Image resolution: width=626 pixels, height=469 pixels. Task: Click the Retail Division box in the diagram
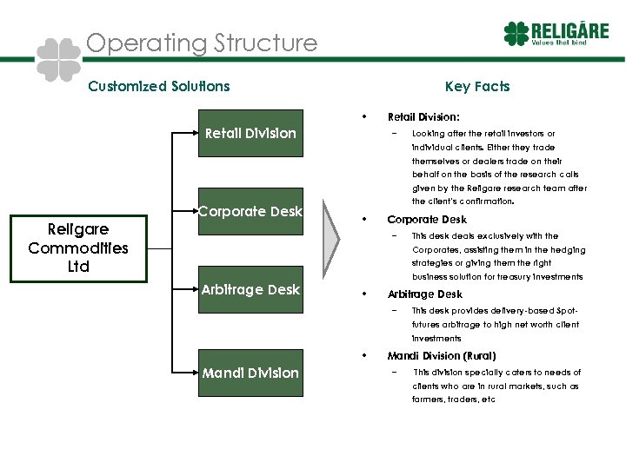click(x=250, y=133)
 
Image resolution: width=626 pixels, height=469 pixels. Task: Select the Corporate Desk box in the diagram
click(x=250, y=211)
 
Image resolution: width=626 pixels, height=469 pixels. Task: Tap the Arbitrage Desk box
click(x=250, y=289)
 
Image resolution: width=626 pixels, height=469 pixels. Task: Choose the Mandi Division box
click(x=250, y=373)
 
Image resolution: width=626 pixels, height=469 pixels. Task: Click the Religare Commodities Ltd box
click(x=78, y=248)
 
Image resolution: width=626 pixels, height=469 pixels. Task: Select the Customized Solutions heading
click(x=159, y=86)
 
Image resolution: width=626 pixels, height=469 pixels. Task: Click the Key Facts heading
click(x=476, y=86)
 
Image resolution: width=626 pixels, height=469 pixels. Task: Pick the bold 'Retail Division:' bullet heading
click(x=423, y=116)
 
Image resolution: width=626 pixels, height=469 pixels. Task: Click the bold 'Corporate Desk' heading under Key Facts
click(x=426, y=220)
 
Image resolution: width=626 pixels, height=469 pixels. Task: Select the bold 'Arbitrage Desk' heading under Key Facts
click(x=424, y=294)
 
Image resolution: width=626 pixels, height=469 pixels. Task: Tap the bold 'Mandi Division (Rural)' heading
click(x=441, y=356)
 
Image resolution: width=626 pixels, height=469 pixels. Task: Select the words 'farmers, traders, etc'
click(x=453, y=400)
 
